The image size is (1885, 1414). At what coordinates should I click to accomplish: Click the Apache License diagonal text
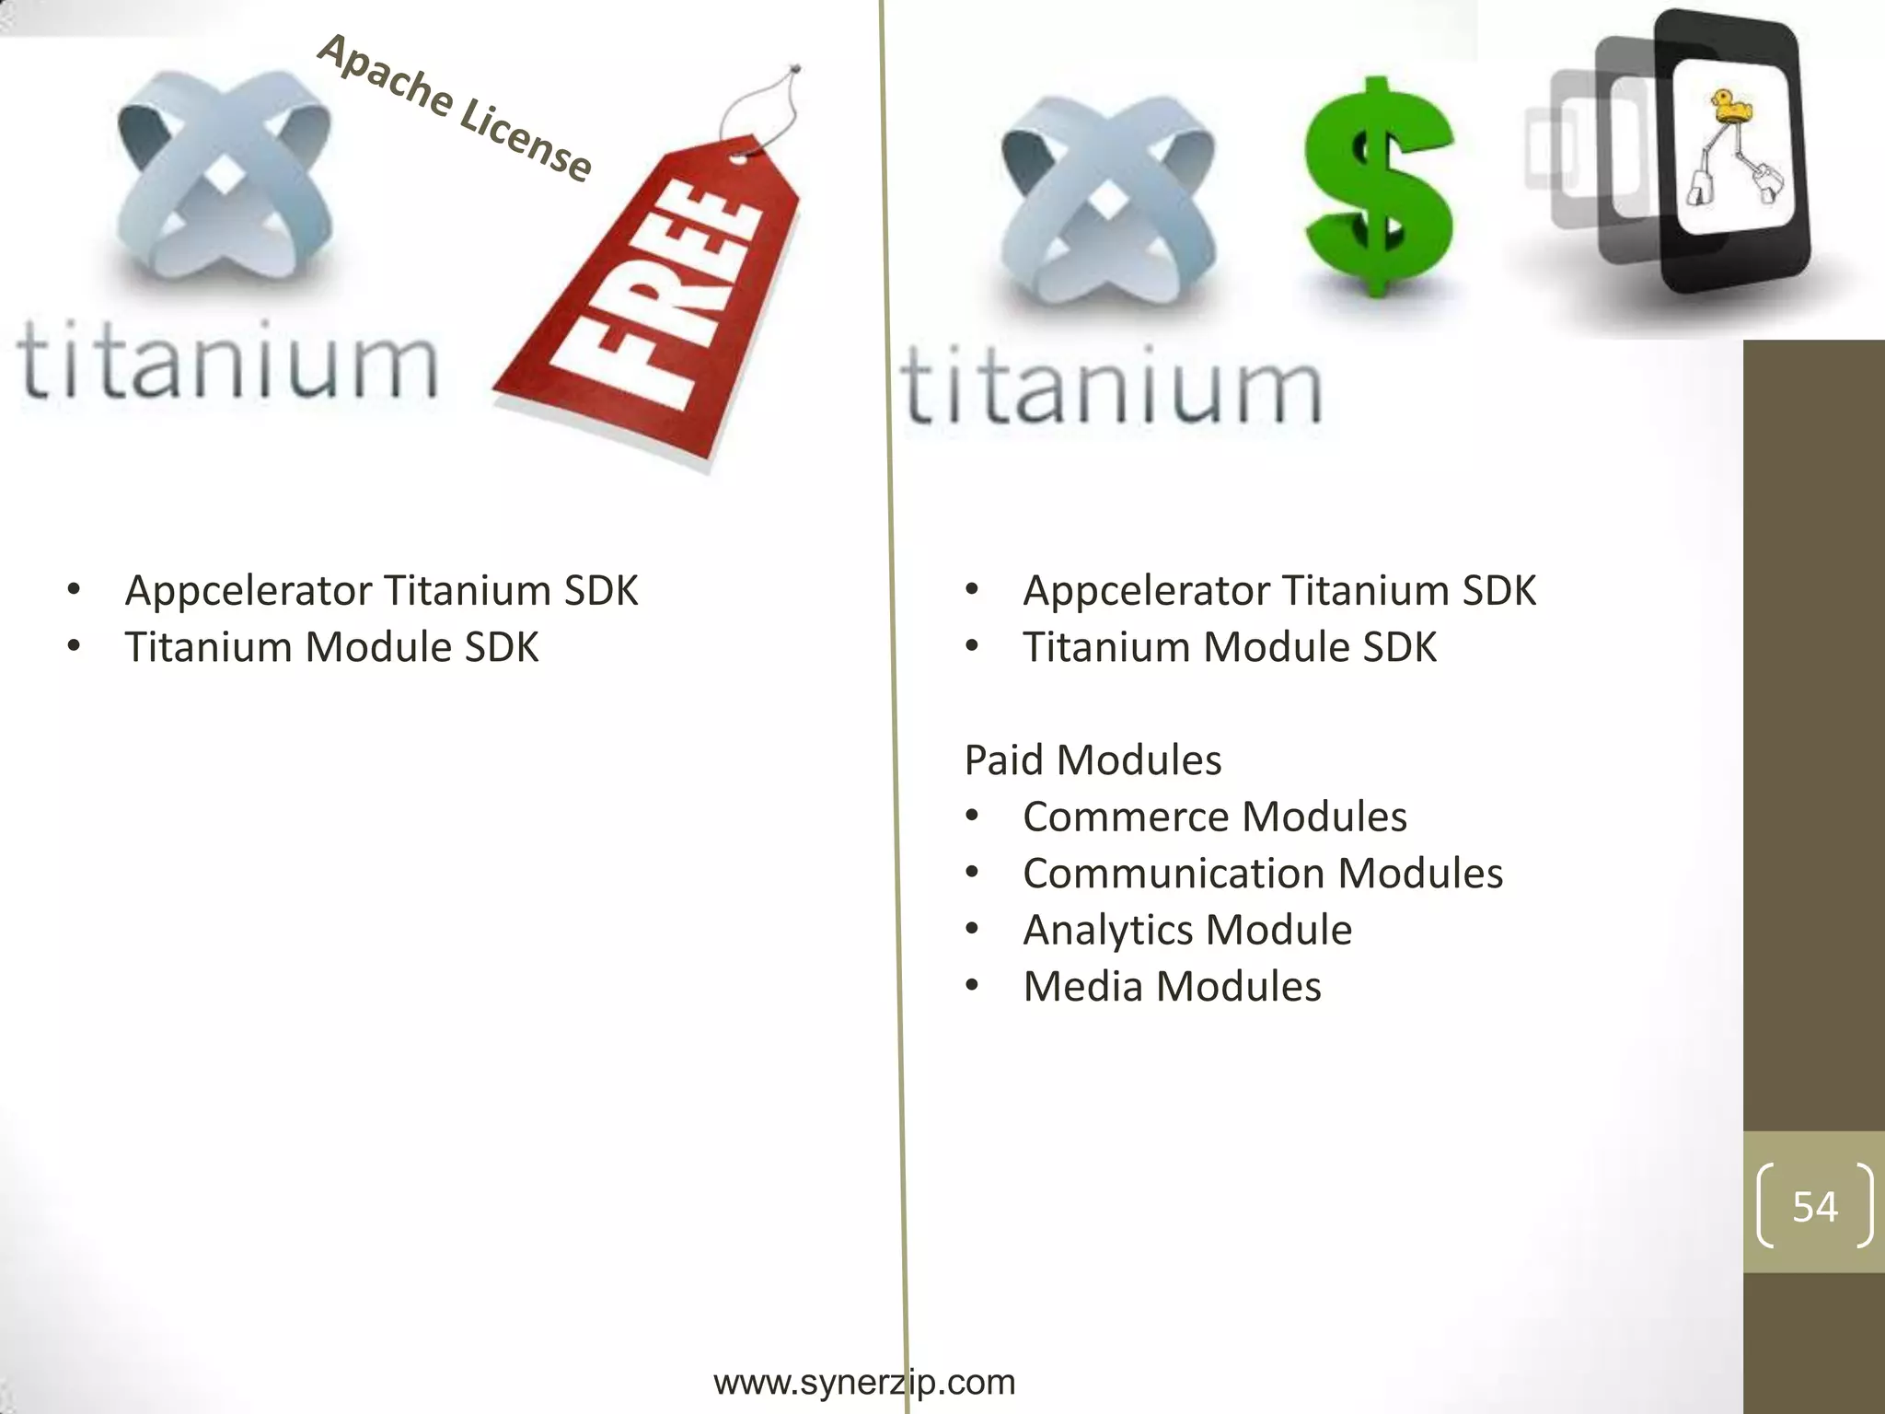tap(455, 108)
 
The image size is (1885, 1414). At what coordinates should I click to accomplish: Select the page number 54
tap(1814, 1206)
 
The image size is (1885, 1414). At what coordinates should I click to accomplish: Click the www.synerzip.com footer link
tap(864, 1382)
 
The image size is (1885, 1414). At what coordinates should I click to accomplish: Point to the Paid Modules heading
tap(1093, 760)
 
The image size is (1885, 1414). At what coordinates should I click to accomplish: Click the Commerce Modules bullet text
tap(1214, 817)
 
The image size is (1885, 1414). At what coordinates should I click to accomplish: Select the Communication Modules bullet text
tap(1262, 874)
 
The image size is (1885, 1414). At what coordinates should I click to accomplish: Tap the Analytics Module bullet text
tap(1187, 930)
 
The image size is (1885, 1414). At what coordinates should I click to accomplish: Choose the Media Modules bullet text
tap(1172, 987)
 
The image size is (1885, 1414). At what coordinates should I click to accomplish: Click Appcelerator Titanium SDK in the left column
tap(381, 591)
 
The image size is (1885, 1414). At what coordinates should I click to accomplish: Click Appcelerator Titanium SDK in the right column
tap(1279, 591)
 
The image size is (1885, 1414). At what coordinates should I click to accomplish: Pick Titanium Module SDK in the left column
tap(331, 647)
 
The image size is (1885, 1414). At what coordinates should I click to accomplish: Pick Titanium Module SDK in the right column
tap(1230, 647)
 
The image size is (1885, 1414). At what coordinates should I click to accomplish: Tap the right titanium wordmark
tap(1111, 386)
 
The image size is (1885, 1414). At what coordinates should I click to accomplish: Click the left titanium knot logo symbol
tap(224, 175)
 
